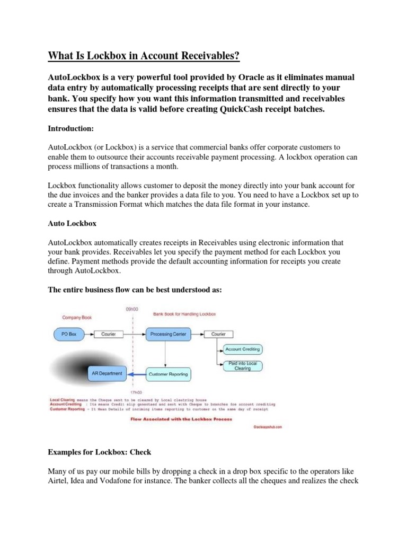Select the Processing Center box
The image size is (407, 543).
(x=168, y=334)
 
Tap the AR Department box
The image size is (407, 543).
(x=107, y=373)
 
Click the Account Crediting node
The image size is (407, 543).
(x=242, y=349)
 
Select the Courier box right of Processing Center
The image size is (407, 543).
(x=218, y=334)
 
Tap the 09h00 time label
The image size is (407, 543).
(x=132, y=309)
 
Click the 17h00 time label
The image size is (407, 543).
(x=132, y=392)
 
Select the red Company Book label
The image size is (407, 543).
(x=77, y=318)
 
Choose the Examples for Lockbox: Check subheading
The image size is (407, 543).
(x=100, y=452)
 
